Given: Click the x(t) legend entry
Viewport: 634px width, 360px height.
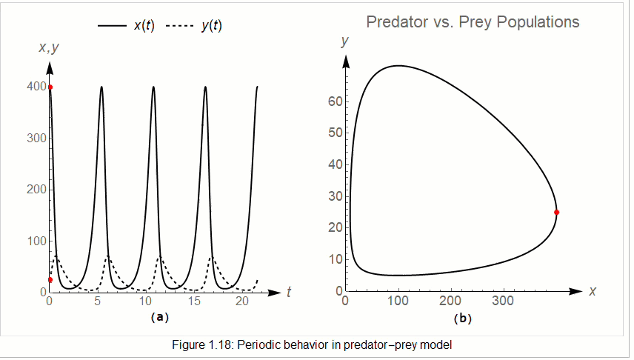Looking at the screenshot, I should coord(126,25).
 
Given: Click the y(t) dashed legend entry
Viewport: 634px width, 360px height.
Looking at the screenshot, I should coord(193,25).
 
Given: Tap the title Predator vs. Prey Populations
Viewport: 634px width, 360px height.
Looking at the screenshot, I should coord(473,22).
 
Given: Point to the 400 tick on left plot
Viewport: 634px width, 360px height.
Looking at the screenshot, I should coord(34,87).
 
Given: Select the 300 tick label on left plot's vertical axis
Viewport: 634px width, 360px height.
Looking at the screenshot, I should coord(34,139).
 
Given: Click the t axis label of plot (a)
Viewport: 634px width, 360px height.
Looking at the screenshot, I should coord(288,293).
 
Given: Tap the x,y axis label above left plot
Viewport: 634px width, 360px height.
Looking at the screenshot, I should coord(49,48).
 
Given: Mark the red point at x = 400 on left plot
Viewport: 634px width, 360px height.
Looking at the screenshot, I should coord(50,87).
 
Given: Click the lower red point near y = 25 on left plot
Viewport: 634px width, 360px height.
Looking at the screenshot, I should coord(50,279).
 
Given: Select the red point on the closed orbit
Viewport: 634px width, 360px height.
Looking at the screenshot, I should coord(556,213).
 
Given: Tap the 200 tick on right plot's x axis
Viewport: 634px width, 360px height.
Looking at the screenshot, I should coord(450,301).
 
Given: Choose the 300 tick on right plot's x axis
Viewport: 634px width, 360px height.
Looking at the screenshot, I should coord(504,301).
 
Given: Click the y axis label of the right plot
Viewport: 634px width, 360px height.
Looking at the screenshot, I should coord(344,42).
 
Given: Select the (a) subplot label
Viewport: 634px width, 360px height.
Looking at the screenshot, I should coord(159,317).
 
